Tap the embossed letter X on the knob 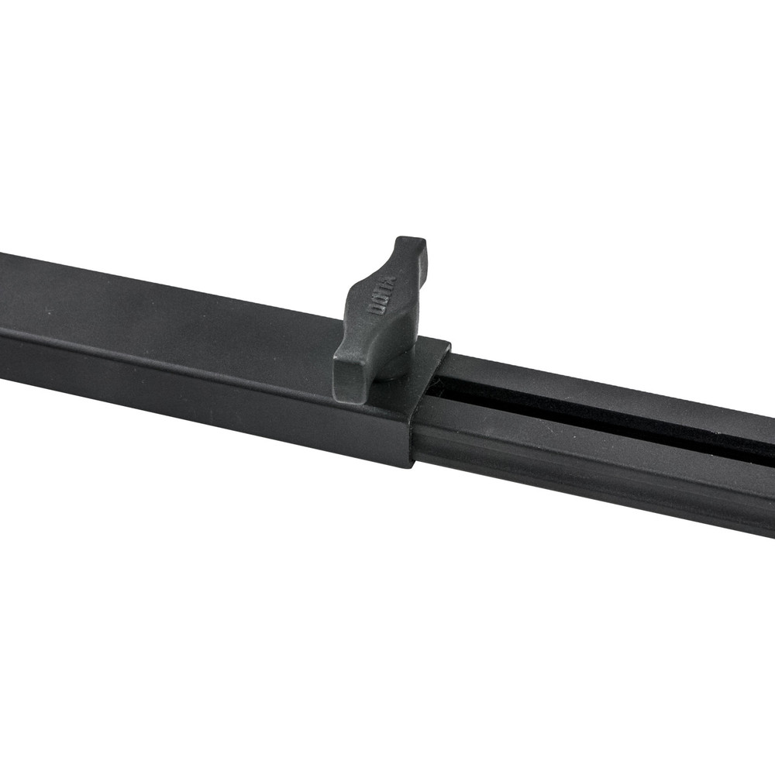pos(390,281)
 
